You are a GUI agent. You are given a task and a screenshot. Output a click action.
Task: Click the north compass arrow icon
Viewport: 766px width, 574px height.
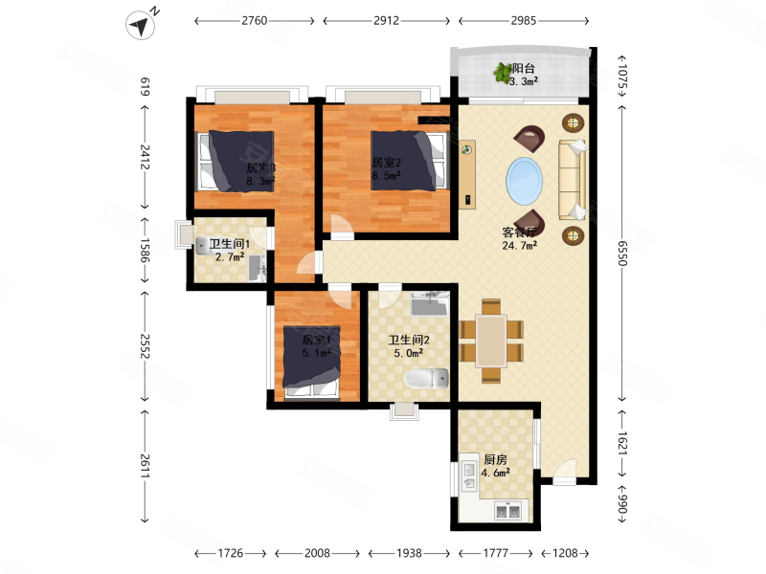click(141, 25)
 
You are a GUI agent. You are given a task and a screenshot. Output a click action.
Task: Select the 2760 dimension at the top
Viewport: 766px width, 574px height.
click(255, 20)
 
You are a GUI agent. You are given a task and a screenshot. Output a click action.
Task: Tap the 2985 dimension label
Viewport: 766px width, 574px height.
click(523, 20)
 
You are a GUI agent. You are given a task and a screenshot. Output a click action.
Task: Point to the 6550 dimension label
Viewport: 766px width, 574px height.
click(621, 253)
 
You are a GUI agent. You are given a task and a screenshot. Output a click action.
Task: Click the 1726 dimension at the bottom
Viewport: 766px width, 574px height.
click(230, 553)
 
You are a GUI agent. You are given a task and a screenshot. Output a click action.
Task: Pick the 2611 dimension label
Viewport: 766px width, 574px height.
click(146, 467)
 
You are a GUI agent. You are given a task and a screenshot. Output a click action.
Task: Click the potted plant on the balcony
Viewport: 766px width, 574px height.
click(502, 73)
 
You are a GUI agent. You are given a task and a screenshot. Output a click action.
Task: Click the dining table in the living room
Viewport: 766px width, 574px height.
click(491, 341)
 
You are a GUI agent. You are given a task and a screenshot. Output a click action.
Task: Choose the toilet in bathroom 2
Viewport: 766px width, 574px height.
click(426, 379)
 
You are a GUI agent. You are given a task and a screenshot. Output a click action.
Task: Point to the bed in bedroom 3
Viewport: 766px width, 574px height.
click(235, 161)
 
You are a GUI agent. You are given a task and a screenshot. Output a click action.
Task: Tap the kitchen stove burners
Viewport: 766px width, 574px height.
click(507, 511)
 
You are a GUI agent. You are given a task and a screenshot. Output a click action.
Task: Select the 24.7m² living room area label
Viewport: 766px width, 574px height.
click(519, 246)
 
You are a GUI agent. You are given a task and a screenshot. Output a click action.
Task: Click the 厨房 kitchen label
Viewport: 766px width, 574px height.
click(495, 459)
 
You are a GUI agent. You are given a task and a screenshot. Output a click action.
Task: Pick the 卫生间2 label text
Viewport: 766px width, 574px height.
click(409, 340)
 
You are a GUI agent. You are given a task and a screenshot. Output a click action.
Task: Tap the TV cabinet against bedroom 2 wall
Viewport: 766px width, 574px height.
click(467, 174)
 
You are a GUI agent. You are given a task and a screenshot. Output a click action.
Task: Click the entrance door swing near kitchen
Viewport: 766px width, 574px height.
click(565, 471)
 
